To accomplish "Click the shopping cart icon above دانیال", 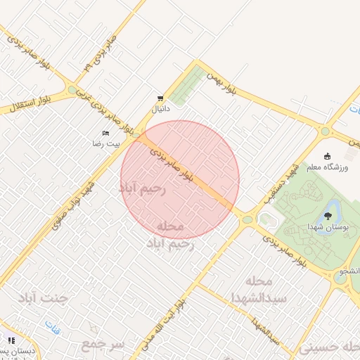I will [x=161, y=98].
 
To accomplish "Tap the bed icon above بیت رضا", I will [x=106, y=133].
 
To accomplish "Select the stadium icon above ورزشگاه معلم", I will [x=327, y=156].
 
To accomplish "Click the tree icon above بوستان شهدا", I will [x=328, y=216].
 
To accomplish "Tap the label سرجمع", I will [x=103, y=345].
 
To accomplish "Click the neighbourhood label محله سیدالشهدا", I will [x=259, y=290].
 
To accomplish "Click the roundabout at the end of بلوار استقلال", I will [x=72, y=90].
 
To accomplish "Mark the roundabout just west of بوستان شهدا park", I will [x=247, y=220].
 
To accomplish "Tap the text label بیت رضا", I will [x=106, y=143].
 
